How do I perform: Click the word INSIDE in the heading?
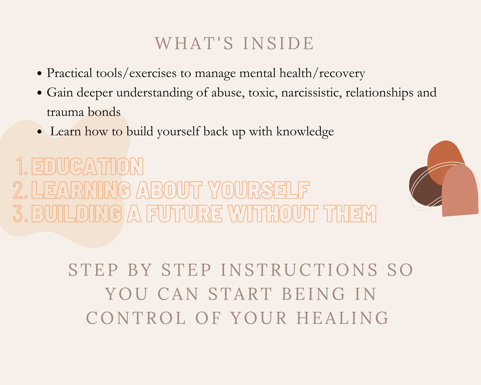point(278,43)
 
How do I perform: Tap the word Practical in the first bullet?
point(69,73)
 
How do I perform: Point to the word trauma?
point(65,112)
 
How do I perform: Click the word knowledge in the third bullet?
point(305,132)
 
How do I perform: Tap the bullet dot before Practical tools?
point(39,74)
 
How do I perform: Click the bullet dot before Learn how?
point(39,132)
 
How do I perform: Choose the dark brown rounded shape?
point(423,189)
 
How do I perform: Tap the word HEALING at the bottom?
point(343,318)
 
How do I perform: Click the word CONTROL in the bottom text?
point(136,318)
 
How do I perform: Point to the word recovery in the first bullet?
point(342,73)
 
